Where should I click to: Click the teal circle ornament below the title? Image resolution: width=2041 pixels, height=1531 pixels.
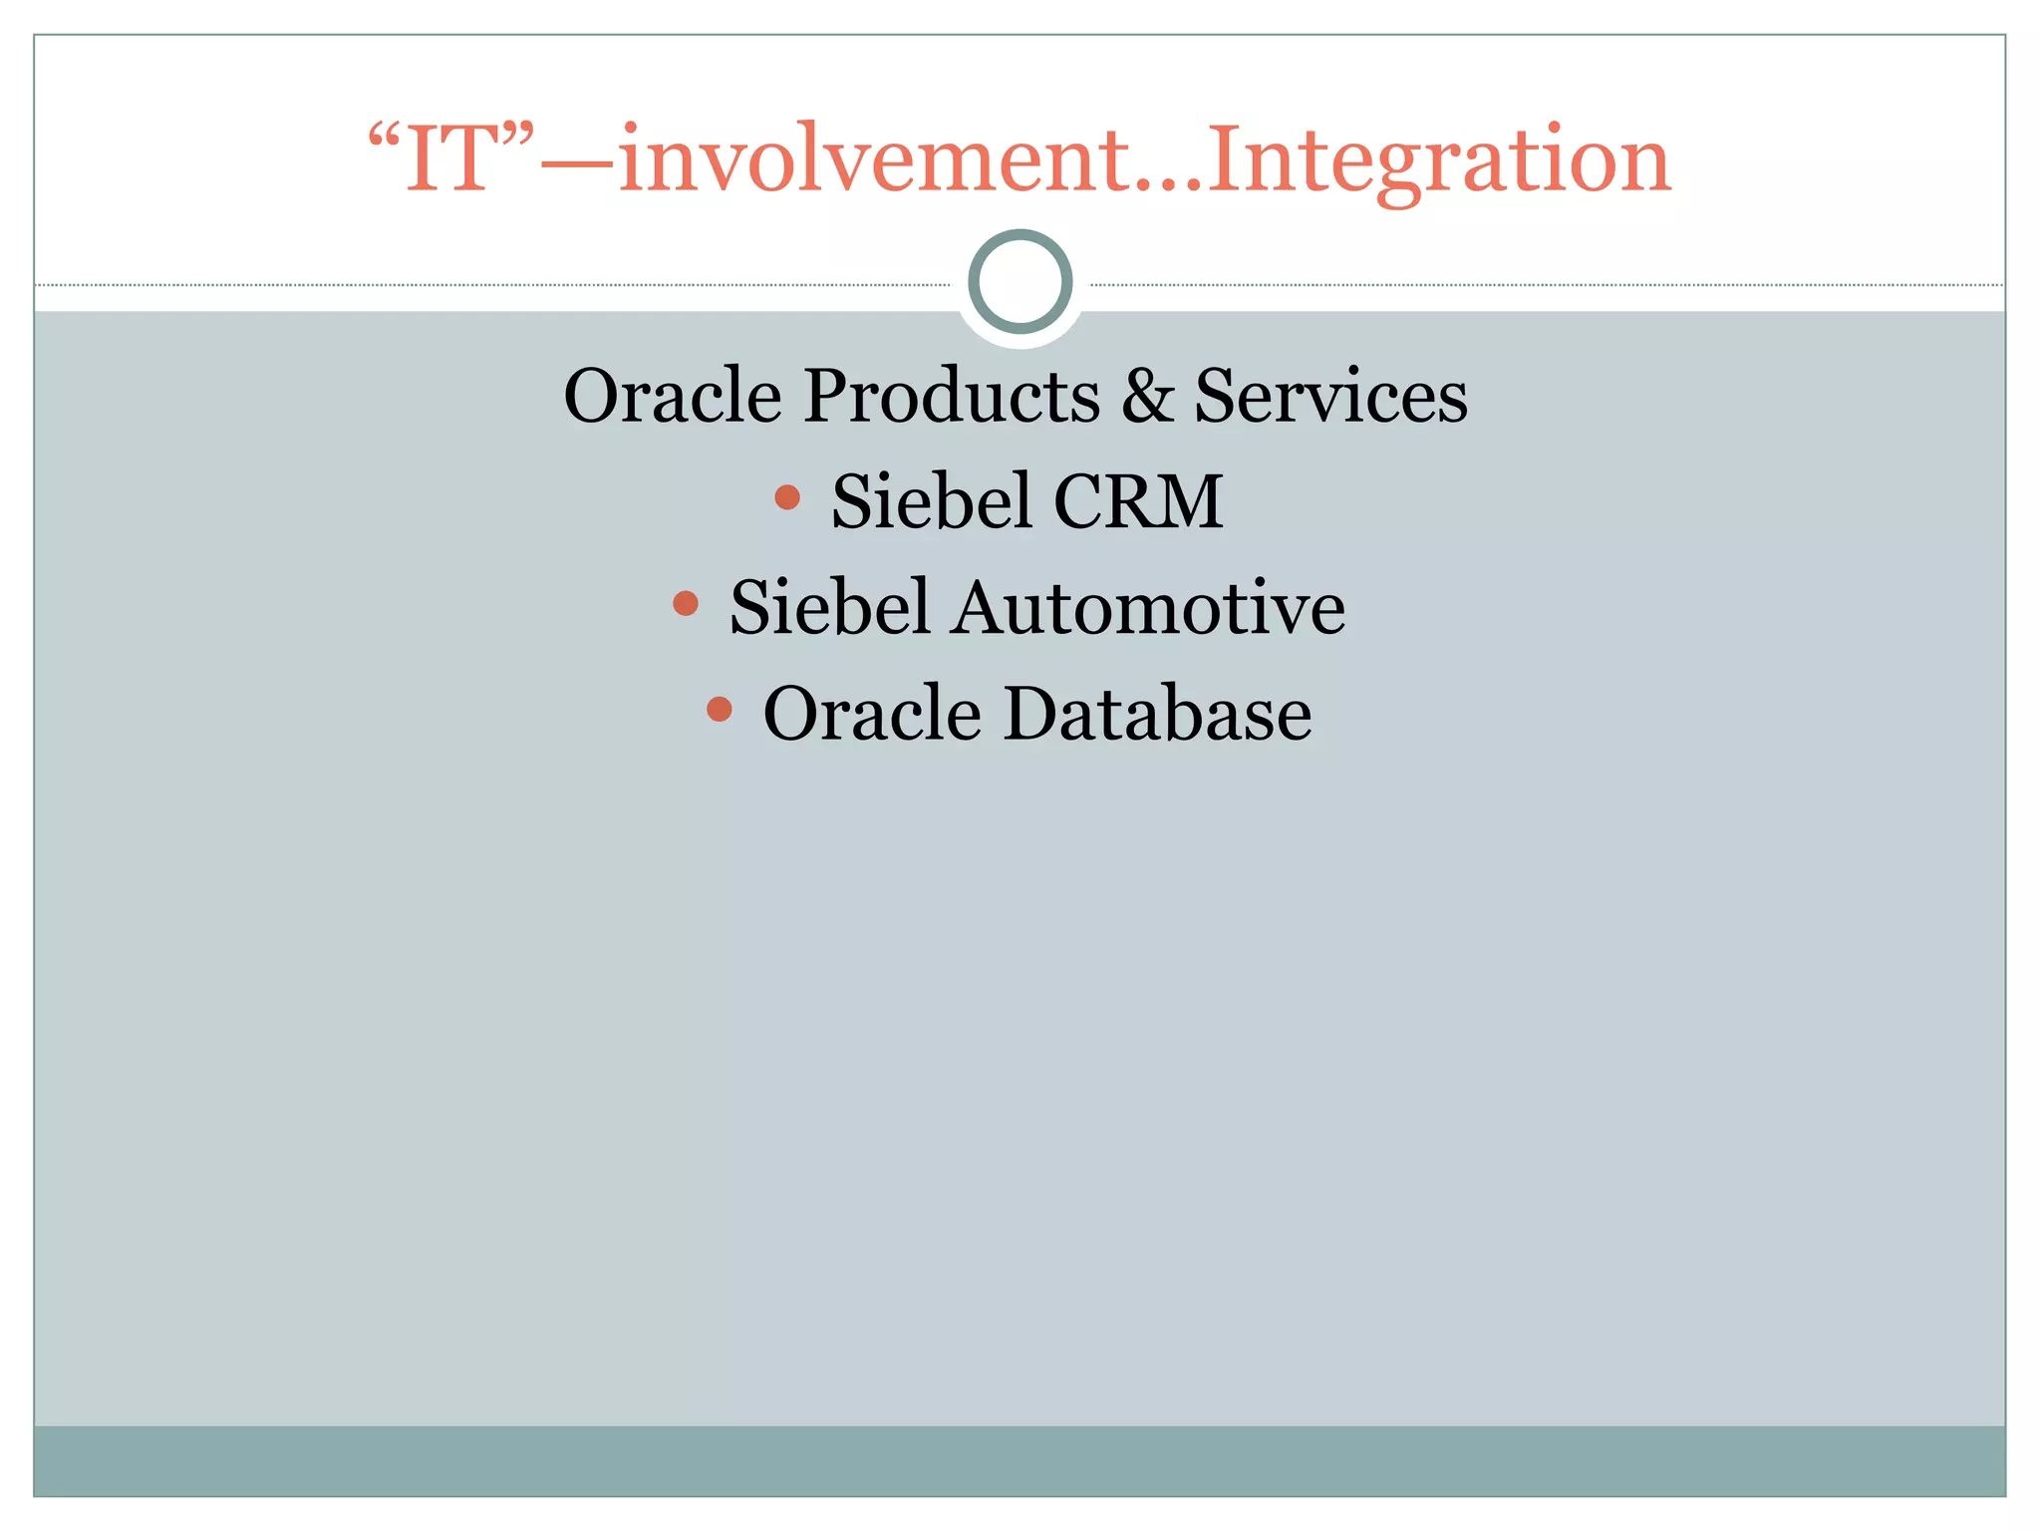[x=1020, y=282]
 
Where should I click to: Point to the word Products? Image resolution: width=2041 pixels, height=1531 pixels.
[x=952, y=396]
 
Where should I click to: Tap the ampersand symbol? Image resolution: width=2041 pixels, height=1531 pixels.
[x=1148, y=396]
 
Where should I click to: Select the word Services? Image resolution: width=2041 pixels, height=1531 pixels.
[x=1330, y=396]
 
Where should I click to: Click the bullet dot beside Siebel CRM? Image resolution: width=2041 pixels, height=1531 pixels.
[x=787, y=496]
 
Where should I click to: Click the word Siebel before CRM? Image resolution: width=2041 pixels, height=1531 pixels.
[x=931, y=501]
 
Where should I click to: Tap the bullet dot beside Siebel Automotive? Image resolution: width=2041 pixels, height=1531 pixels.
[x=686, y=603]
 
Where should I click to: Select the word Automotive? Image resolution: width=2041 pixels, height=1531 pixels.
[x=1147, y=608]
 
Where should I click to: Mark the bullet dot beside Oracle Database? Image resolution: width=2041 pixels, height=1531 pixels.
[x=719, y=710]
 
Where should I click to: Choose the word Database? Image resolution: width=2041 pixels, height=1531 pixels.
[x=1157, y=715]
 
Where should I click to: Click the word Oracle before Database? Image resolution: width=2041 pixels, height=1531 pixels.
[x=872, y=715]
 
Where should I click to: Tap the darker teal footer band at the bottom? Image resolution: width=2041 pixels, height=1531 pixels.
[x=1020, y=1460]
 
